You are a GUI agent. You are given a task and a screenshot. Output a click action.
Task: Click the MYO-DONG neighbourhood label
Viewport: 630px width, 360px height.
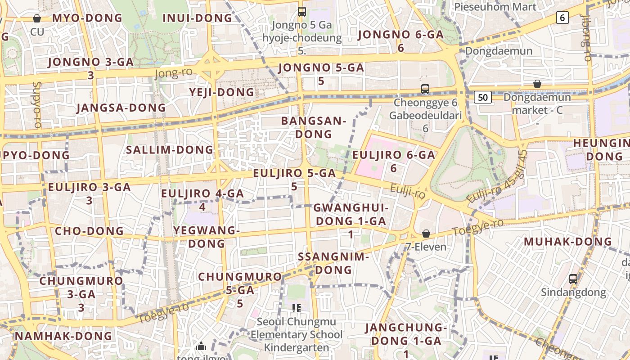87,18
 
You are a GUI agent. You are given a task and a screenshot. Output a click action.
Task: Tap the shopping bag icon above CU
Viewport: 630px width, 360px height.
37,18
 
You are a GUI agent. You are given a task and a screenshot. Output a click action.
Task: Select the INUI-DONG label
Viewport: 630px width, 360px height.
197,18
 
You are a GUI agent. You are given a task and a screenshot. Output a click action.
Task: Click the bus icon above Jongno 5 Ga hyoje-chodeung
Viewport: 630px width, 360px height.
302,12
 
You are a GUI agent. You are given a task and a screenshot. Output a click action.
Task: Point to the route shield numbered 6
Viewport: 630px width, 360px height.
562,18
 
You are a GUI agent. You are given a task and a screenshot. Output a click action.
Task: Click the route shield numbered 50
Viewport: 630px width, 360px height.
483,97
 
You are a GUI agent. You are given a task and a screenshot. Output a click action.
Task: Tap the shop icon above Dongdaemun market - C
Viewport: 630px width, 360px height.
537,84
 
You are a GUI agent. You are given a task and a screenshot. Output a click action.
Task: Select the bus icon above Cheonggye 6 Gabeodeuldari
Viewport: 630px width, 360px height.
425,89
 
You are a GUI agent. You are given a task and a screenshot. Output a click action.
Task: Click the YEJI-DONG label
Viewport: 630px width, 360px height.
221,92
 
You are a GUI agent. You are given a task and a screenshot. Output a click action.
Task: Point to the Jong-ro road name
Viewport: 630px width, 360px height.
173,72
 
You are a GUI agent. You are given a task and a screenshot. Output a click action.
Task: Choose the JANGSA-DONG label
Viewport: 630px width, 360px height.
121,108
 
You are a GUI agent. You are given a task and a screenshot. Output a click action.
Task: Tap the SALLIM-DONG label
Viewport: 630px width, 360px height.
170,150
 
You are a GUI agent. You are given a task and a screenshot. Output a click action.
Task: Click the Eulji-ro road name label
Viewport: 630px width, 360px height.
408,192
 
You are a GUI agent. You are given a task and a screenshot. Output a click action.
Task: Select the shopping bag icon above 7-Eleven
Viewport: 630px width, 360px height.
426,234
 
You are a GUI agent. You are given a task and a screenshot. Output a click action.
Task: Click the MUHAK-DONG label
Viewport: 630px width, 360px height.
568,242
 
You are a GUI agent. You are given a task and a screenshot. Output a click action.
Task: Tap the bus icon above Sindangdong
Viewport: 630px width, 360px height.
573,279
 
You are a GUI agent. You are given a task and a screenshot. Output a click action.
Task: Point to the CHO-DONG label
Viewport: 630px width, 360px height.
89,231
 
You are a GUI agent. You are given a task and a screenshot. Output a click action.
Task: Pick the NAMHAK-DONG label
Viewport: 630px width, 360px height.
63,336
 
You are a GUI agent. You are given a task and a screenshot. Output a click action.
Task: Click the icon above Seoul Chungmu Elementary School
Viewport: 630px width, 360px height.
296,308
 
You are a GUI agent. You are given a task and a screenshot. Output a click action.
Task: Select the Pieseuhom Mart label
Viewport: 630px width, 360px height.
495,7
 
